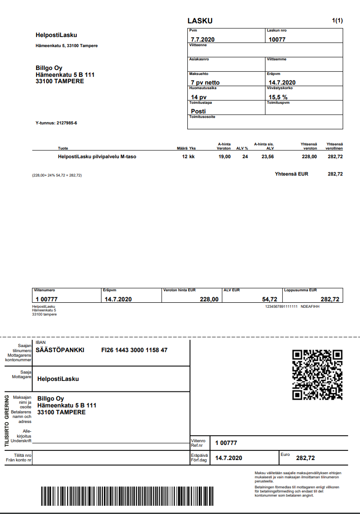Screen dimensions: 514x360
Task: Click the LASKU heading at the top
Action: [x=200, y=21]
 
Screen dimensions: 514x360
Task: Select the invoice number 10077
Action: [x=277, y=39]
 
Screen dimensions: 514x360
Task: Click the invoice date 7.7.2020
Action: [x=203, y=39]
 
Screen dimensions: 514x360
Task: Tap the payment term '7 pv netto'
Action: [x=205, y=83]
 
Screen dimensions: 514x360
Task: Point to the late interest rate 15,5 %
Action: [x=278, y=97]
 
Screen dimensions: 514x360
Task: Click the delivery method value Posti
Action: [x=198, y=111]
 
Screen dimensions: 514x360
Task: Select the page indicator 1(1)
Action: [x=337, y=21]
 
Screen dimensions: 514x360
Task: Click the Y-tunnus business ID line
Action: [x=56, y=123]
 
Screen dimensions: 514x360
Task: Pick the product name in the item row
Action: [x=97, y=156]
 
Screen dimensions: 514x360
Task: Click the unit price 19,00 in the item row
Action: [x=225, y=156]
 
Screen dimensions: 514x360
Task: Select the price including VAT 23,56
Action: [x=267, y=156]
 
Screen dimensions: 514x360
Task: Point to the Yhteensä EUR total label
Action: [x=291, y=174]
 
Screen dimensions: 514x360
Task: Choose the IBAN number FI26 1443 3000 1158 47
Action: [x=134, y=350]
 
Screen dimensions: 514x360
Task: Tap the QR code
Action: [x=318, y=375]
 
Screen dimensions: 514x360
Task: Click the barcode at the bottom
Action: [x=127, y=495]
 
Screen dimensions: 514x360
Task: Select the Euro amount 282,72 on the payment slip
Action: [x=305, y=458]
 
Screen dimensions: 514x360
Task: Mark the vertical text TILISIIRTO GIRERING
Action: [x=7, y=419]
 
